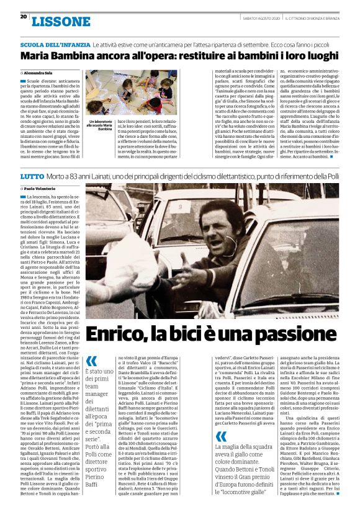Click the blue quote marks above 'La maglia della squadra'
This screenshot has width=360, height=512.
[x=222, y=436]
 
